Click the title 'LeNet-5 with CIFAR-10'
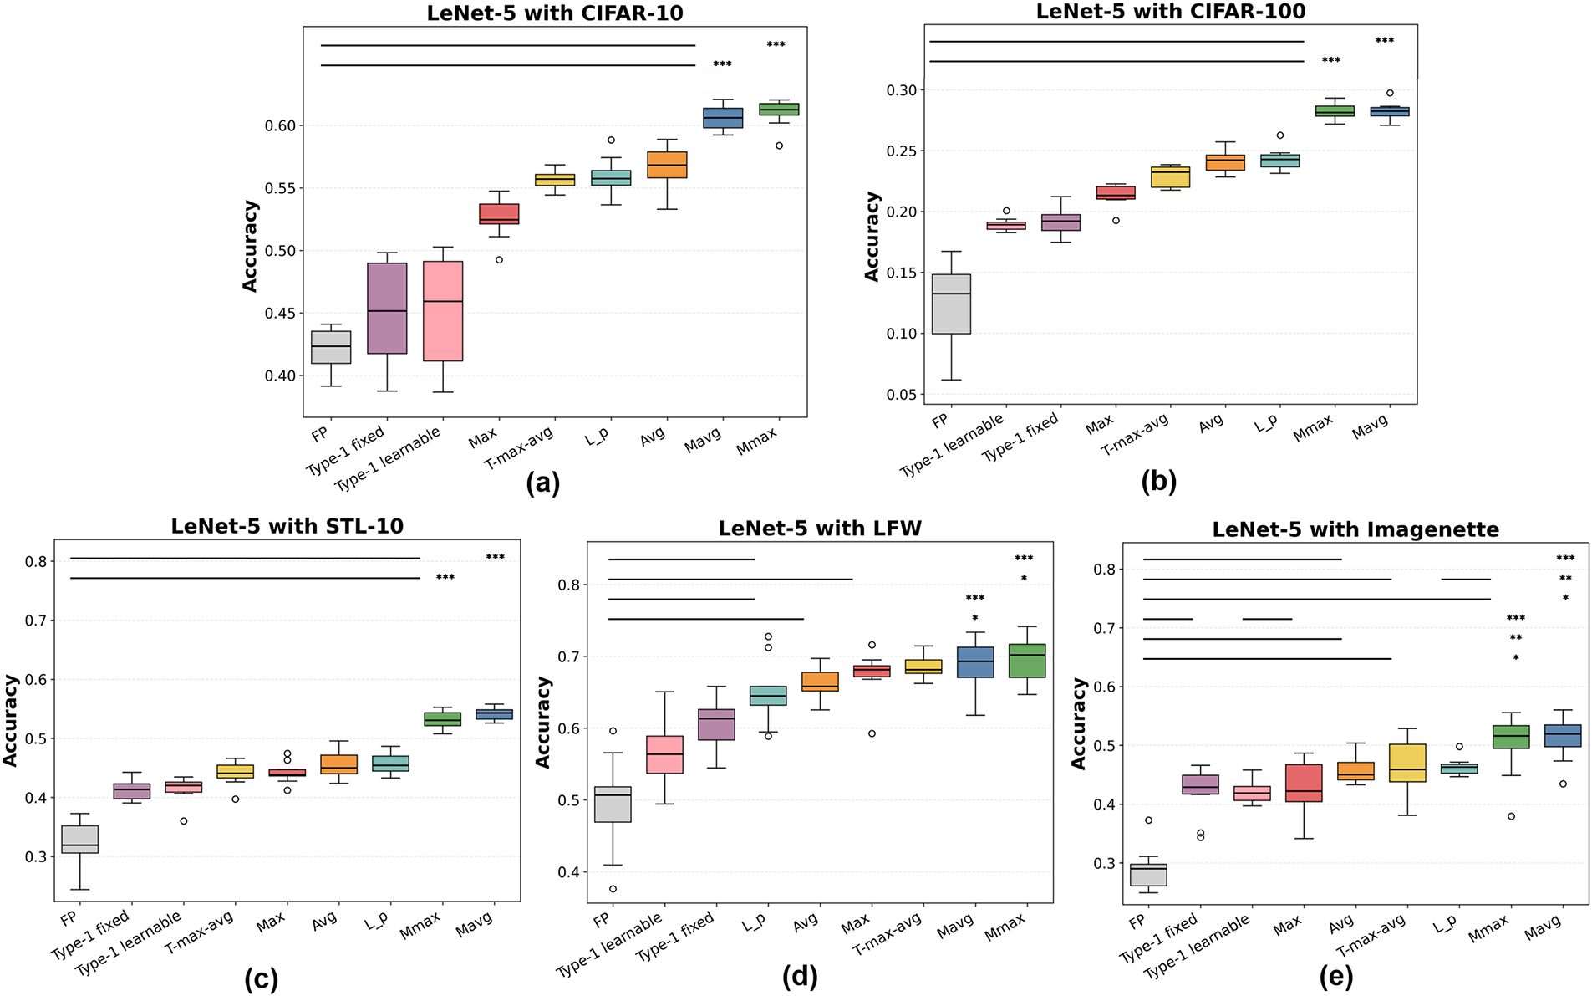coord(555,13)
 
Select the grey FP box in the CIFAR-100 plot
coord(951,304)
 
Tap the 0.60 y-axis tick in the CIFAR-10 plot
coord(280,126)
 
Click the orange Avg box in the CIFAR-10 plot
coord(667,165)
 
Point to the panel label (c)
coord(261,978)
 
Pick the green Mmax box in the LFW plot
coord(1027,661)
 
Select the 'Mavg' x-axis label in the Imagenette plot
coord(1543,928)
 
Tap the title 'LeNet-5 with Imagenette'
coord(1355,529)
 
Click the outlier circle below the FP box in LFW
coord(613,889)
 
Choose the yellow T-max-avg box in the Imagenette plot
coord(1406,763)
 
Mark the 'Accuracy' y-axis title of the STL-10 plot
coord(10,720)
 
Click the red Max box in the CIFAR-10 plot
coord(499,214)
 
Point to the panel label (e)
coord(1335,977)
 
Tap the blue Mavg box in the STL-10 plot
coord(494,714)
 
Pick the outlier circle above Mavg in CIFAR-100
coord(1390,93)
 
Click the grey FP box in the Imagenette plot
coord(1148,875)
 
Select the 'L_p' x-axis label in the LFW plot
coord(754,923)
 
